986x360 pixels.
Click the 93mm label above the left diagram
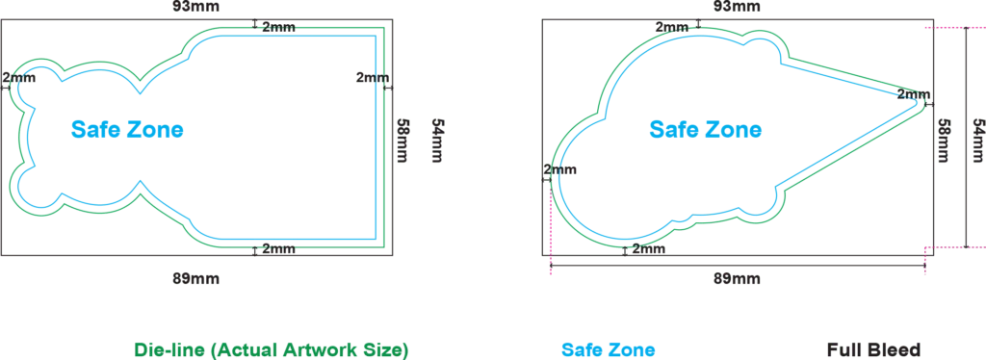[x=195, y=8]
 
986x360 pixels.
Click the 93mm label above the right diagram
[x=737, y=7]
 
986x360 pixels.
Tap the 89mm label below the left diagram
[x=196, y=278]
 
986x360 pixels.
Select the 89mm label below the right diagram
[x=737, y=278]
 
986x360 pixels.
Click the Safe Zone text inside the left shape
[x=127, y=129]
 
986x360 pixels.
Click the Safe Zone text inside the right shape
[x=706, y=129]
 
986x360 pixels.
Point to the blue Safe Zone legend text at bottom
[x=609, y=350]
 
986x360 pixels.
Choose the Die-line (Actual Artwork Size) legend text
[x=271, y=350]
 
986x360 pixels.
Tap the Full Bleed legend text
[x=873, y=350]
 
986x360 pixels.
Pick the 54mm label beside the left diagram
[x=438, y=141]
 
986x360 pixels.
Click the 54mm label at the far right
[x=978, y=141]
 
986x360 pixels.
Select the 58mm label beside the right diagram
[x=944, y=141]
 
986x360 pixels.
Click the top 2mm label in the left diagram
[x=278, y=27]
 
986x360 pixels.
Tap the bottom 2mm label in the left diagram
[x=278, y=248]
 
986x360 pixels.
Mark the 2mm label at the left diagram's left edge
[x=19, y=78]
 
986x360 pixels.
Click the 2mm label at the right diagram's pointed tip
[x=913, y=95]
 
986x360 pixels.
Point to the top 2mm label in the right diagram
[x=672, y=27]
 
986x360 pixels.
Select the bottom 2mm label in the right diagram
[x=649, y=248]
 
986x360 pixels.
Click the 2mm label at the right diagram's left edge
[x=560, y=169]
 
